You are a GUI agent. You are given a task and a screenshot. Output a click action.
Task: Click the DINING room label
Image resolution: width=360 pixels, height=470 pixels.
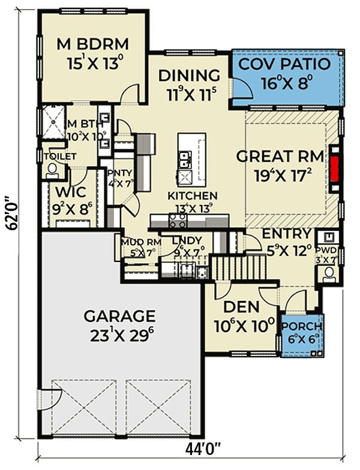pos(188,76)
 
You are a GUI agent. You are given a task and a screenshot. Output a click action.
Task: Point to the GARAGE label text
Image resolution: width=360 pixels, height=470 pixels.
pos(119,315)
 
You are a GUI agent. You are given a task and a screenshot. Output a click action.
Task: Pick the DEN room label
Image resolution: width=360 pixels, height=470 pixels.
pos(241,307)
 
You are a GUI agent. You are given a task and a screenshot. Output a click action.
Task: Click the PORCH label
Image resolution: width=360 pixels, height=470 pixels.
pos(302,327)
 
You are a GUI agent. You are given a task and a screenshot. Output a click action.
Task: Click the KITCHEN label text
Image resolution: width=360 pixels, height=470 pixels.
pos(192,195)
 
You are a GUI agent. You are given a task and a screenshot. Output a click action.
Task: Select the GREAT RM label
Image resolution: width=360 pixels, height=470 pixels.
pos(280,156)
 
